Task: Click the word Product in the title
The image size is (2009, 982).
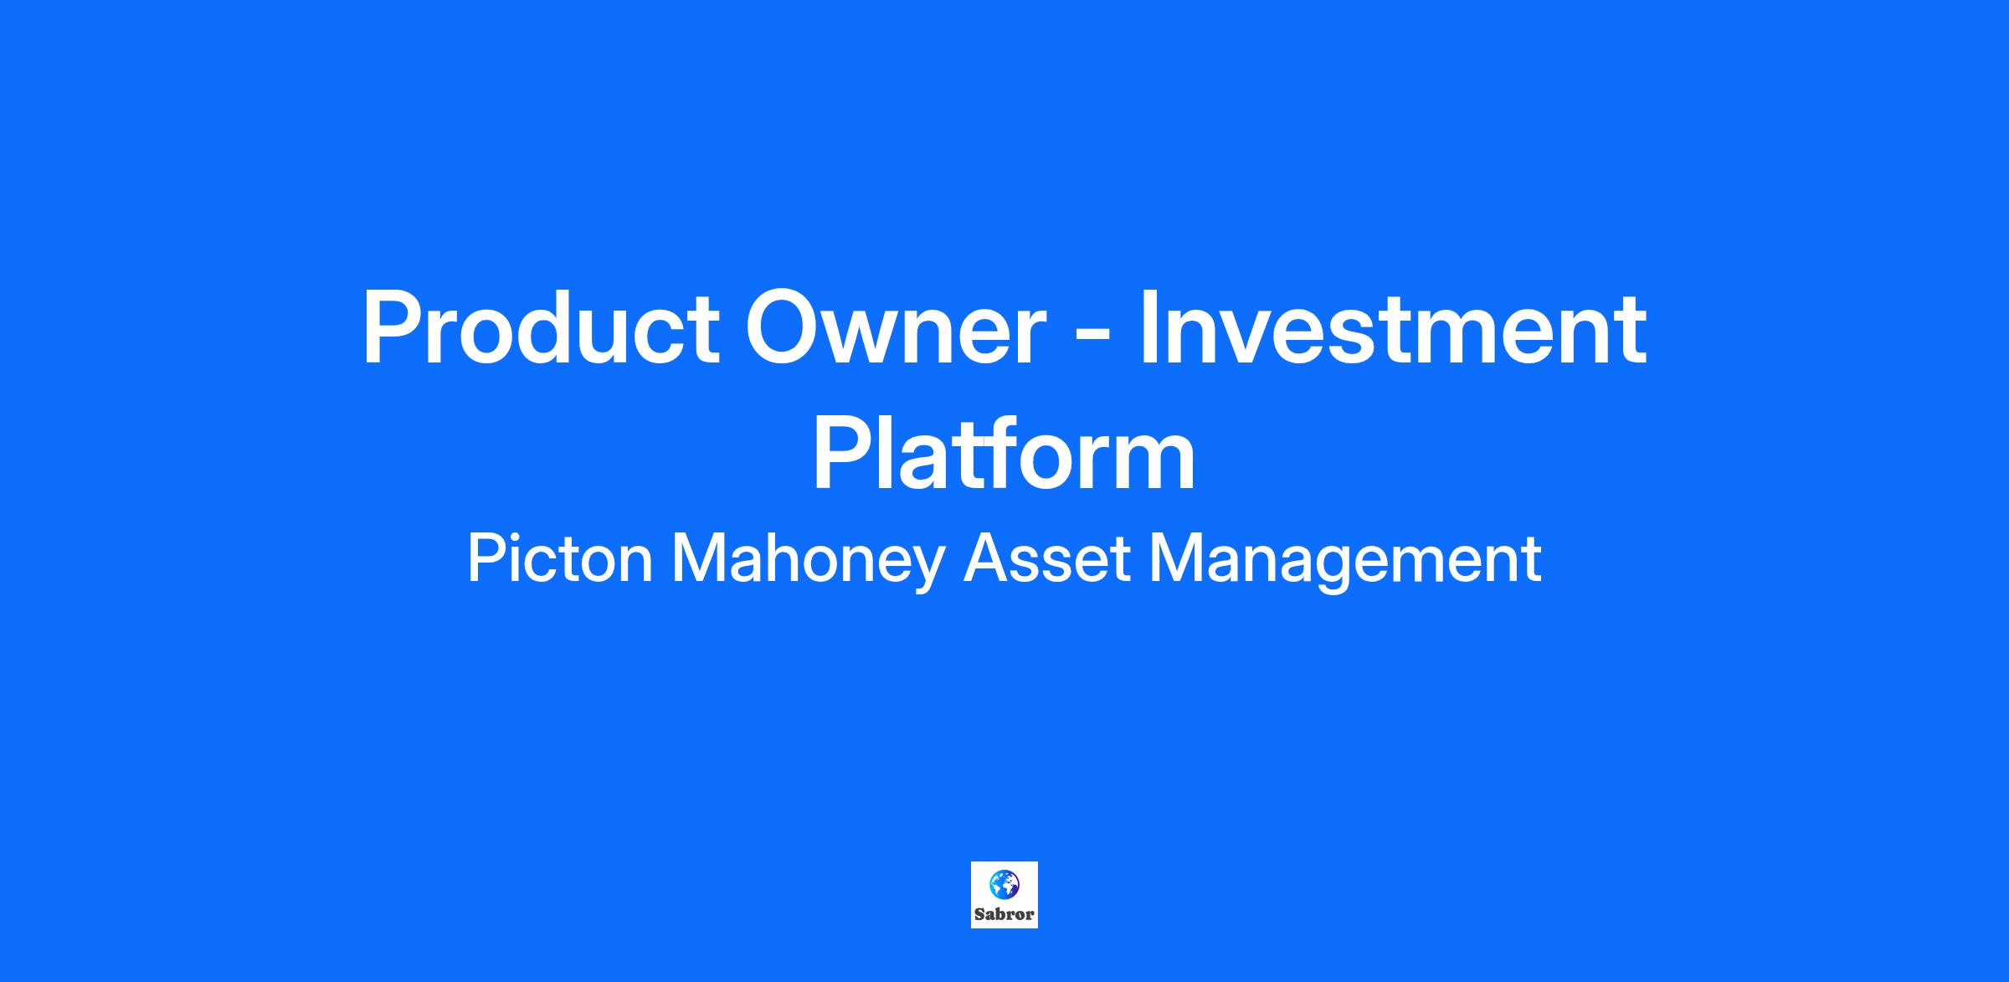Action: (x=540, y=328)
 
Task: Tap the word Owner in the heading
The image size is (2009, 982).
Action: (x=896, y=328)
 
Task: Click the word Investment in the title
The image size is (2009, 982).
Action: (x=1393, y=328)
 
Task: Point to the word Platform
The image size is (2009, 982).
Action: (x=1004, y=454)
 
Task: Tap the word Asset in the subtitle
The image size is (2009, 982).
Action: (x=1047, y=558)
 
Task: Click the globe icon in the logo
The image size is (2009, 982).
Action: (x=1004, y=884)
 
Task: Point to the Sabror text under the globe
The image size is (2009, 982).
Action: (x=1004, y=915)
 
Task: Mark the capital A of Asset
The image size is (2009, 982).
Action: (x=986, y=558)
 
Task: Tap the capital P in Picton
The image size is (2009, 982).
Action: (x=485, y=558)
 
